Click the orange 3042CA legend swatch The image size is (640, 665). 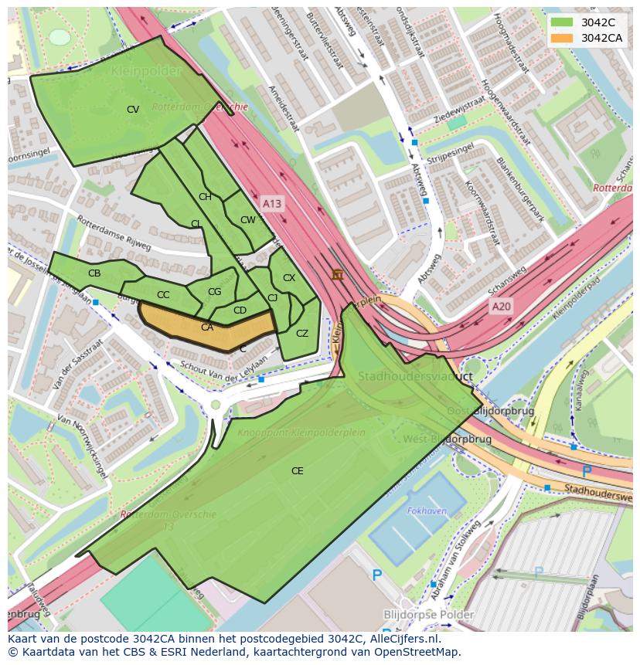(563, 38)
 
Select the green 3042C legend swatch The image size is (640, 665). (563, 22)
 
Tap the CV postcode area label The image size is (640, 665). (133, 110)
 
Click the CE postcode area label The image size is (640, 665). (298, 471)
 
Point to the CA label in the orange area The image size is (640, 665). (207, 327)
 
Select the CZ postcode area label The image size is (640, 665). (302, 334)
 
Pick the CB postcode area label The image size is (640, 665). (94, 273)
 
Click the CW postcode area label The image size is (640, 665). (247, 220)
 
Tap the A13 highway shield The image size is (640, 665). (272, 203)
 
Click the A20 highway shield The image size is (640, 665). (502, 307)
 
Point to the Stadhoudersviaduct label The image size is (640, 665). (415, 377)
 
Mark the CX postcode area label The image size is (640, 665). (289, 278)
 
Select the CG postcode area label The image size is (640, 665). (215, 292)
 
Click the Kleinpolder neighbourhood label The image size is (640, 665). (146, 71)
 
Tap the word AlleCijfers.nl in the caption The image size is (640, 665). (402, 640)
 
